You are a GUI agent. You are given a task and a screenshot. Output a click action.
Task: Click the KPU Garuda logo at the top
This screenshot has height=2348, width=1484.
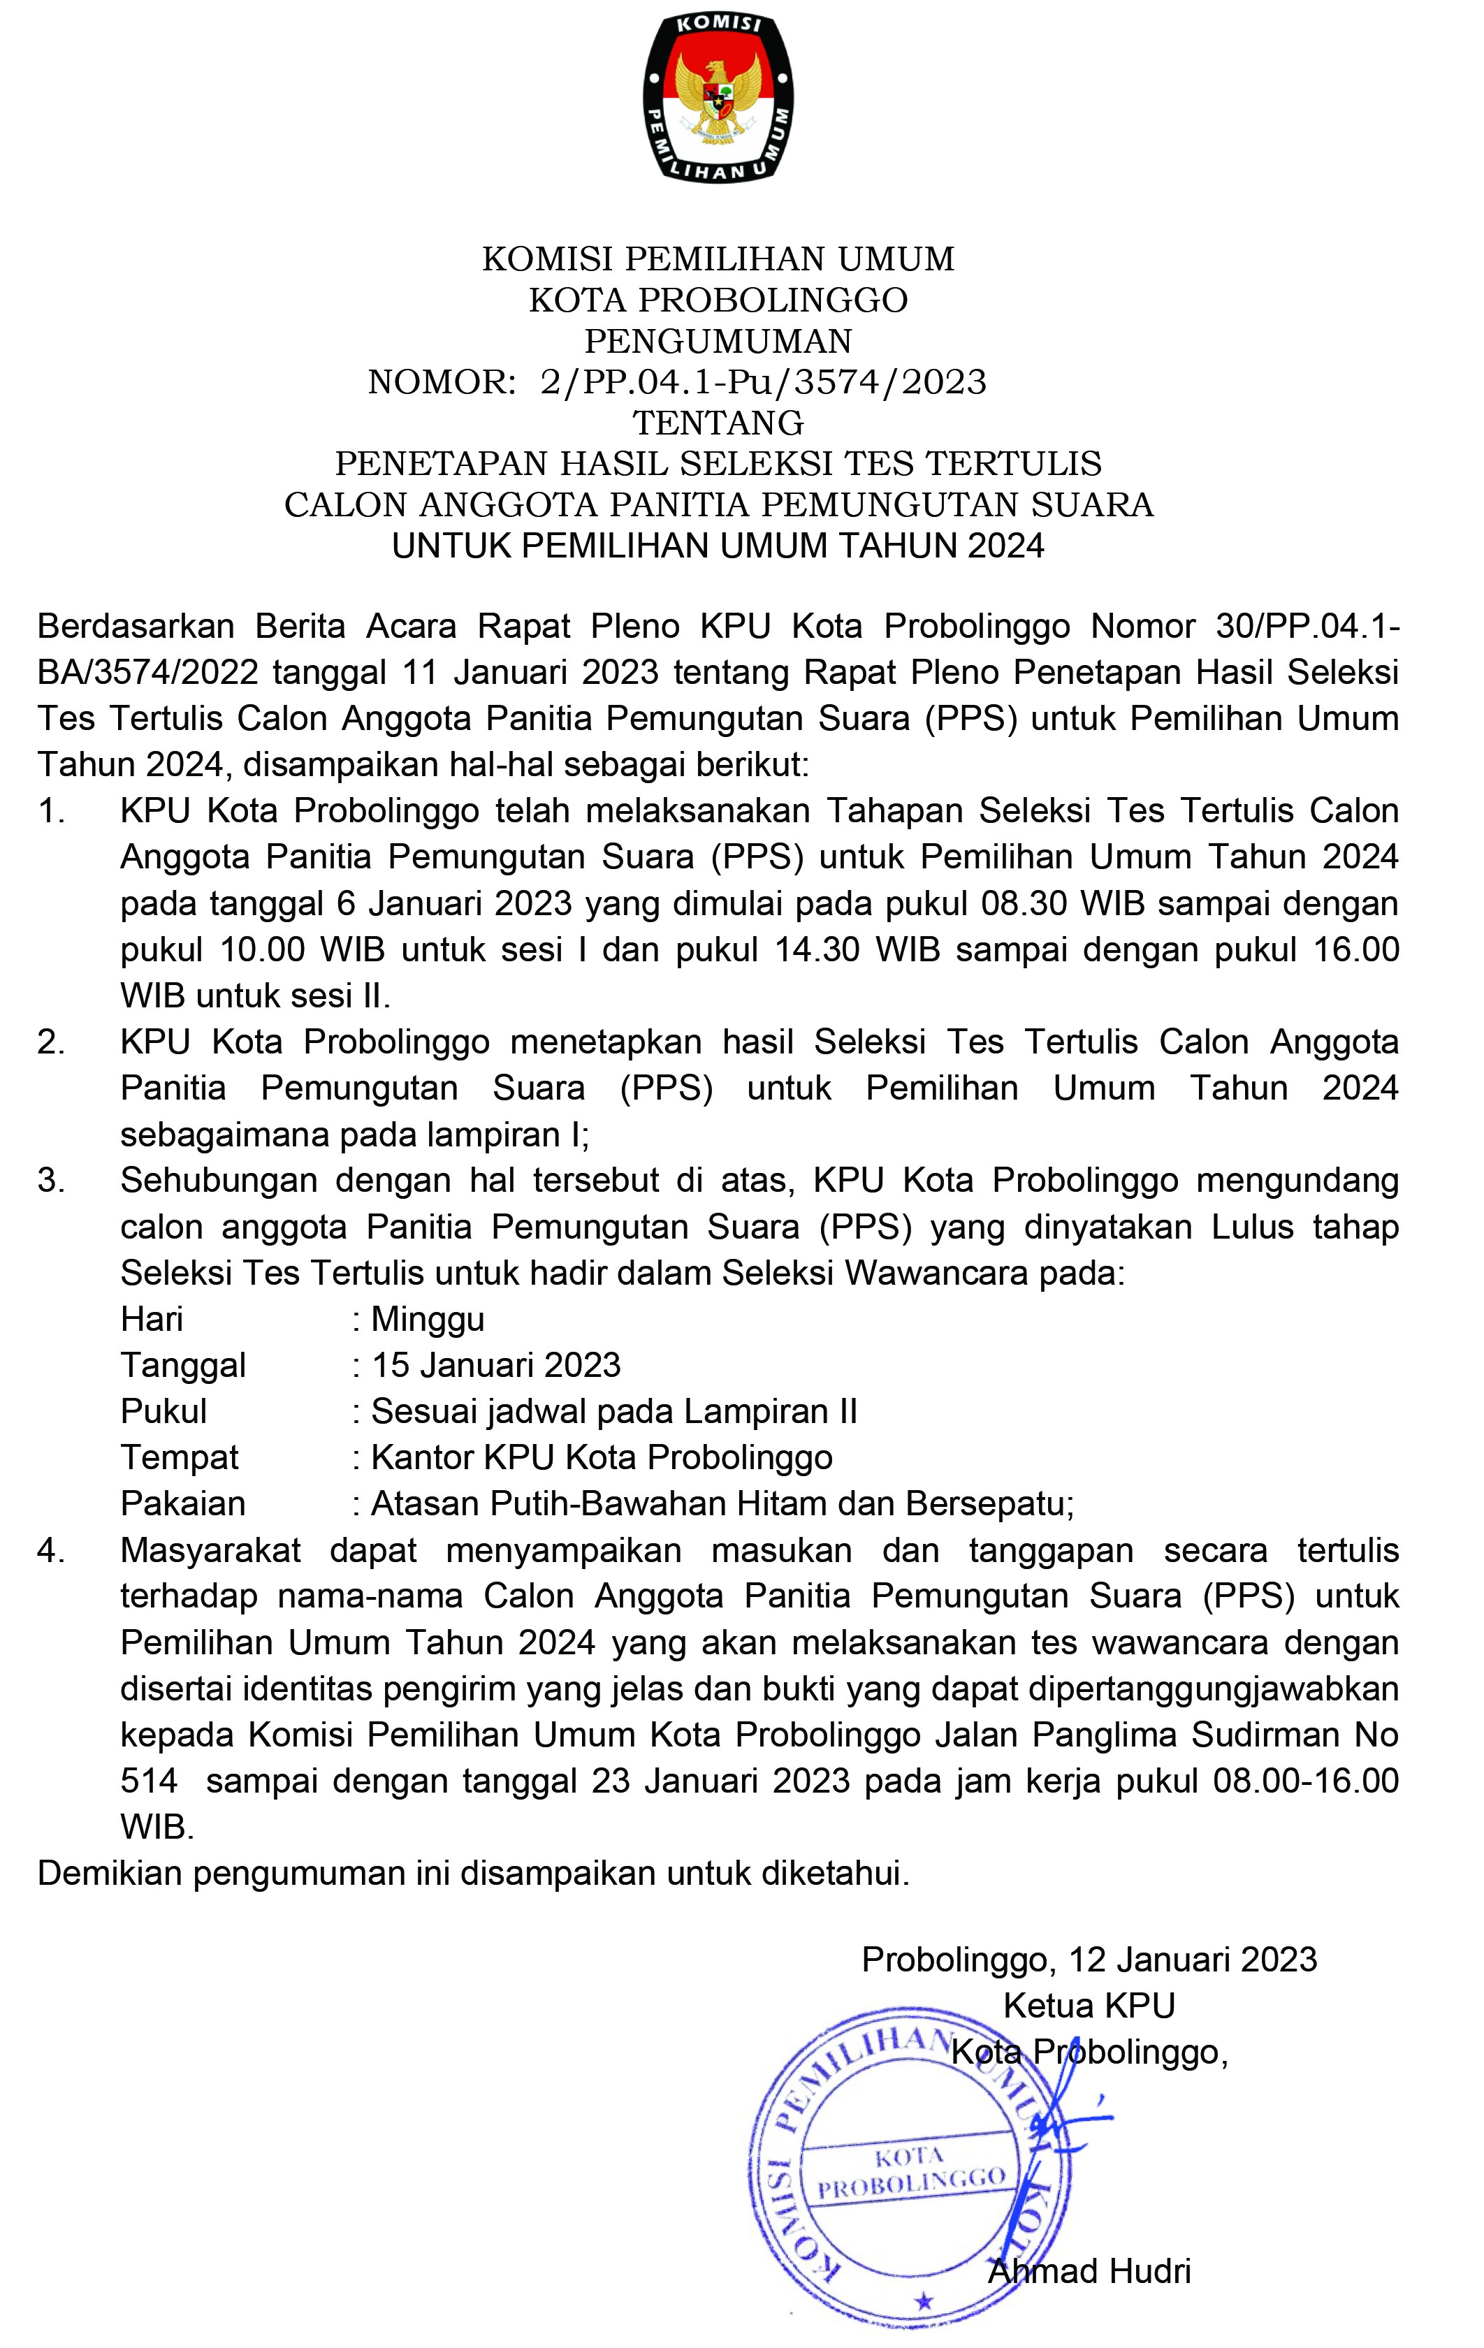coord(719,98)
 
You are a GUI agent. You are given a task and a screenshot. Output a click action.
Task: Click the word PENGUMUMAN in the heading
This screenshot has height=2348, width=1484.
coord(719,342)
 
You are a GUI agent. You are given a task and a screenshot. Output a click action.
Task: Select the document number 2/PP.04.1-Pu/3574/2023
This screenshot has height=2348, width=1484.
coord(764,382)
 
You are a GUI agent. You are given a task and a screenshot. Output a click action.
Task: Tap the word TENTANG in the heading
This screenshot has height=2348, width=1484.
coord(719,423)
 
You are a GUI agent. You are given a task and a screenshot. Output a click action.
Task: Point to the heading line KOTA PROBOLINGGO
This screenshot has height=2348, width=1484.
coord(719,300)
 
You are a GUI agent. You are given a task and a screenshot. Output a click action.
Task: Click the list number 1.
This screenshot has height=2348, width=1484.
coord(51,811)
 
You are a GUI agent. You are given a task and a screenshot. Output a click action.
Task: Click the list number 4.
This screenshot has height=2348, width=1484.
coord(51,1550)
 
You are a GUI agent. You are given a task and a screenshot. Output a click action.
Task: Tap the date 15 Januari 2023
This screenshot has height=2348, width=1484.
coord(496,1365)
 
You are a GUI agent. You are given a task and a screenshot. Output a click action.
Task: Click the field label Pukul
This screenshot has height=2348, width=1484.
coord(163,1412)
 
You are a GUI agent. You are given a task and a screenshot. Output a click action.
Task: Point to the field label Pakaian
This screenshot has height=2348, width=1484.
coord(183,1503)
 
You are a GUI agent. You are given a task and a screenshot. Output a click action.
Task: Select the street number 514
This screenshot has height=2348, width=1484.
coord(150,1781)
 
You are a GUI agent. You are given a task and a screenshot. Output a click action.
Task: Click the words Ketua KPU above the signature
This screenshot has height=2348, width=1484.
coord(1089,2006)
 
